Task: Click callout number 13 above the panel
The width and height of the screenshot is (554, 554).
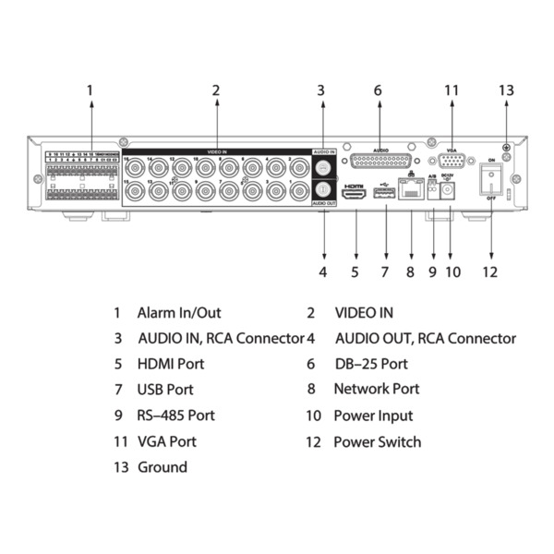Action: point(505,90)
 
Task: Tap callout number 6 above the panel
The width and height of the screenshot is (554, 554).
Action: point(378,90)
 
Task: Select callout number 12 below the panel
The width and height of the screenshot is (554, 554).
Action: point(490,272)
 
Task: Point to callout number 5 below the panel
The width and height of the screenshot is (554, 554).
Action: point(355,272)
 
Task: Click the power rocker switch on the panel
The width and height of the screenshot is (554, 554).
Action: point(491,183)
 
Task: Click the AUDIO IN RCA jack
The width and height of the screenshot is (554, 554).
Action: point(322,168)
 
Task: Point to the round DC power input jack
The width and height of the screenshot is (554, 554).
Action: point(450,191)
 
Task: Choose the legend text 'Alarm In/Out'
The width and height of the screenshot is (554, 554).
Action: point(179,313)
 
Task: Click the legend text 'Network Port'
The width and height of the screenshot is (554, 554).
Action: point(376,390)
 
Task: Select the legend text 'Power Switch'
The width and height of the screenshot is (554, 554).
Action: point(377,441)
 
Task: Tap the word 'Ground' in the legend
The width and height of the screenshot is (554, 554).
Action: point(163,467)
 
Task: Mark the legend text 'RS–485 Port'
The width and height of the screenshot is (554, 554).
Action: point(176,415)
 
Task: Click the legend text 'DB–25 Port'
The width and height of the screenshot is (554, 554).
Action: point(370,364)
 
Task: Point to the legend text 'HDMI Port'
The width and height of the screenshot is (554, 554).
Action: point(171,364)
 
